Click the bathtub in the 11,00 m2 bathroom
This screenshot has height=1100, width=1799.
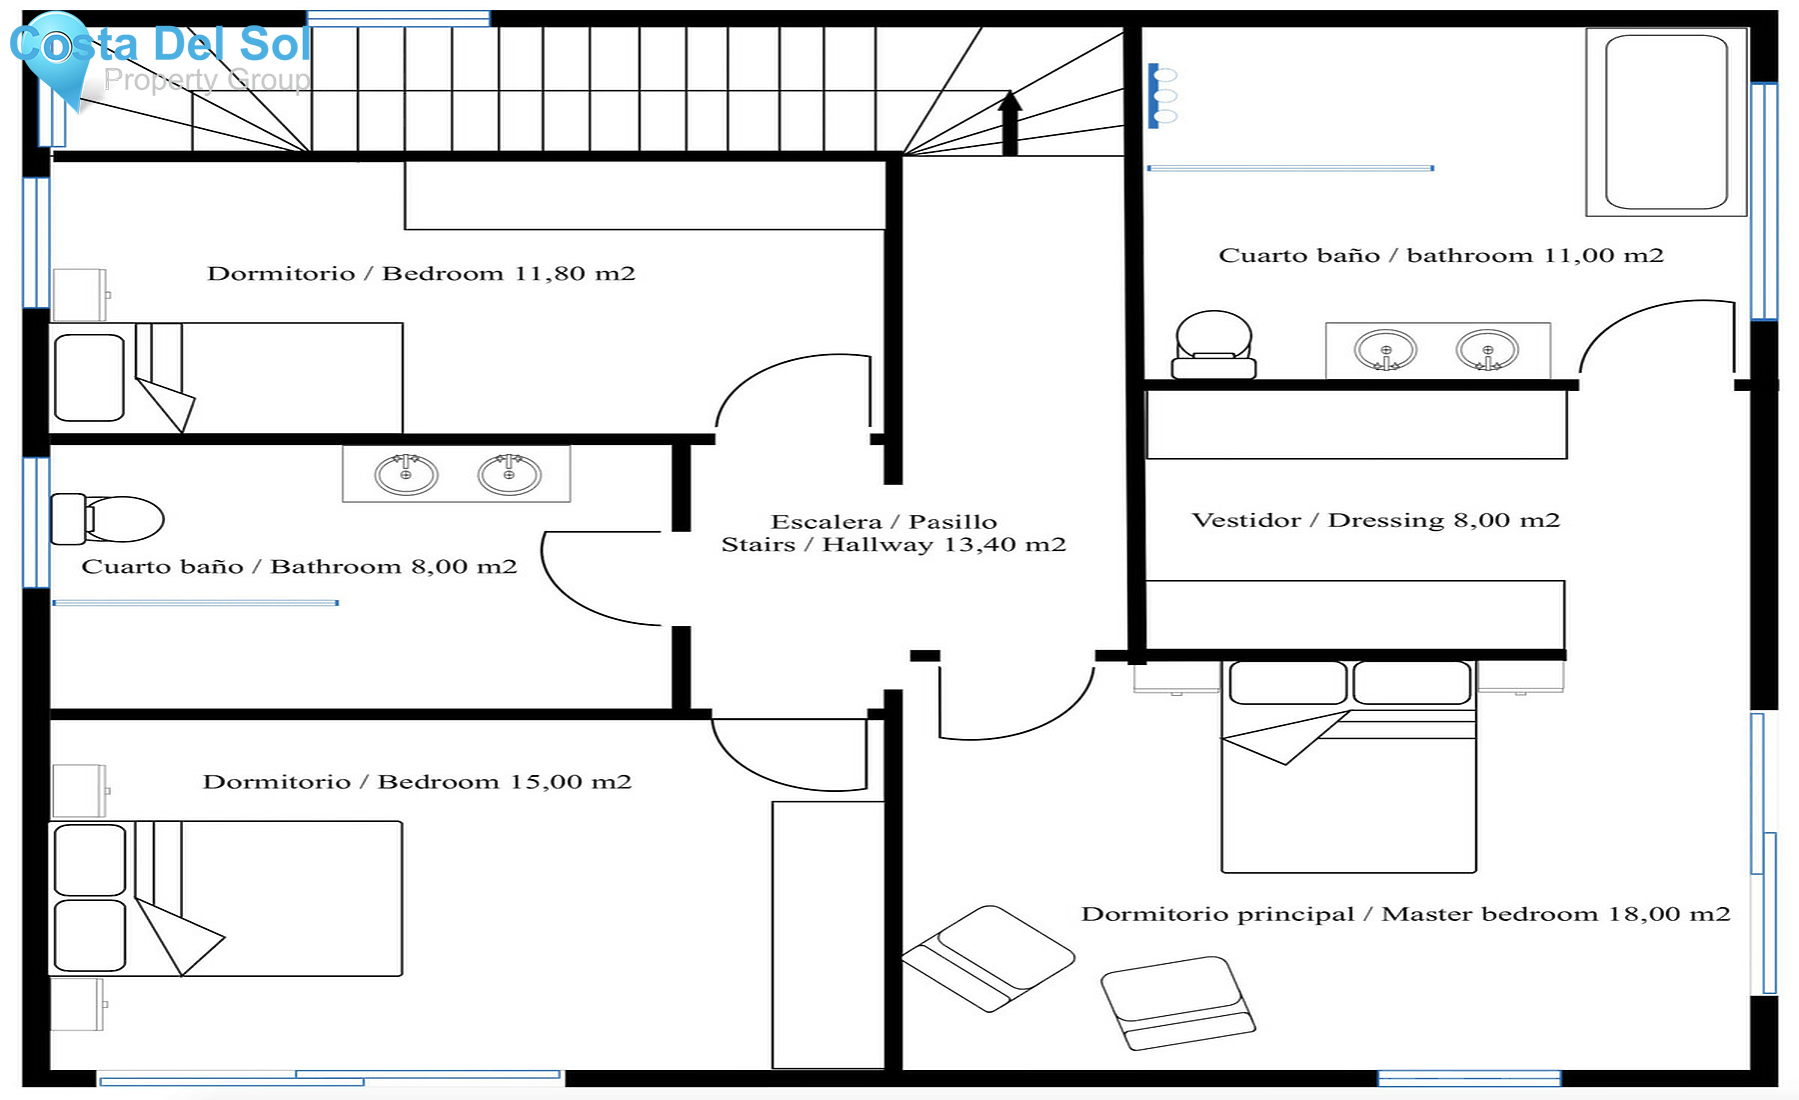[1665, 122]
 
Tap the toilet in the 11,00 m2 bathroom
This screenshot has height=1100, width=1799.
[1213, 345]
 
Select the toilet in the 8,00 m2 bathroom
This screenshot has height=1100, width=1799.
[110, 519]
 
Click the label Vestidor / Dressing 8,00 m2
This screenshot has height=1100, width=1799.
[1375, 520]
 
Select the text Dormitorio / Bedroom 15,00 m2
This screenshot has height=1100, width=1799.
[417, 782]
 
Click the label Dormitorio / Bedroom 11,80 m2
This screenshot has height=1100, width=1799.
[421, 274]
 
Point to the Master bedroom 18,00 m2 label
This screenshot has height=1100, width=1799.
[1405, 914]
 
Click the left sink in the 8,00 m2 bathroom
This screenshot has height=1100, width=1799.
[406, 473]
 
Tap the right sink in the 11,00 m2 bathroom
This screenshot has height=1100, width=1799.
[1487, 351]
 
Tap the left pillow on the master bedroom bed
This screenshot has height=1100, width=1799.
[1287, 683]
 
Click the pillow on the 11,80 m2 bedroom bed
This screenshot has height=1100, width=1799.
[89, 377]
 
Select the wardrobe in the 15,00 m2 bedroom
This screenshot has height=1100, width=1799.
[828, 934]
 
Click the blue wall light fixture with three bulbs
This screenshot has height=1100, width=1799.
[1159, 96]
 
